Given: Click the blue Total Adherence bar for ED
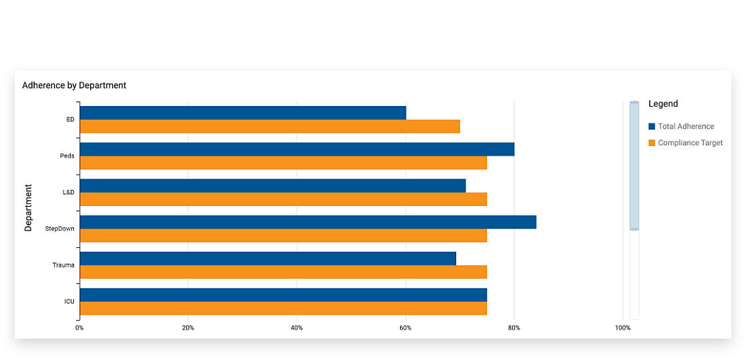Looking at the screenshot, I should point(243,113).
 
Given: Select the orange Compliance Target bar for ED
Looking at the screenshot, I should point(269,127).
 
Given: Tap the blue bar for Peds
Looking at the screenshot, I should point(297,149).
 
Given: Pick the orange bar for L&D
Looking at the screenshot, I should point(283,199).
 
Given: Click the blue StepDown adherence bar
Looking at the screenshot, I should point(307,222).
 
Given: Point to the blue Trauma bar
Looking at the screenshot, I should point(267,258).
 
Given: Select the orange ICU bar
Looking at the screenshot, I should point(283,309).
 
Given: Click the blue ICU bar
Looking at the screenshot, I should point(283,295).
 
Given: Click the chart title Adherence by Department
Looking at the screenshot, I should point(74,85).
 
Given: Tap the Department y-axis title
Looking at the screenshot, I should point(29,207).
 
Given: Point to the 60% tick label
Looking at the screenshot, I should point(405,328).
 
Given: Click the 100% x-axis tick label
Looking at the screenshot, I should point(622,328).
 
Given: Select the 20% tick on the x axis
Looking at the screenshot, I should point(188,328).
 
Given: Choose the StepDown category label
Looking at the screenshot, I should point(60,229).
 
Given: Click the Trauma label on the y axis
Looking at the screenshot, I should point(63,265).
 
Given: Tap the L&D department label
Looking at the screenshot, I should point(68,193).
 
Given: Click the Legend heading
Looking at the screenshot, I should point(663,104).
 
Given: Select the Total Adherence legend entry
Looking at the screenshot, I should point(686,127).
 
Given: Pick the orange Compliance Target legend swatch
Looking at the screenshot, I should point(652,143).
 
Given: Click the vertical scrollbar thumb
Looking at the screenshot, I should point(634,165).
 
